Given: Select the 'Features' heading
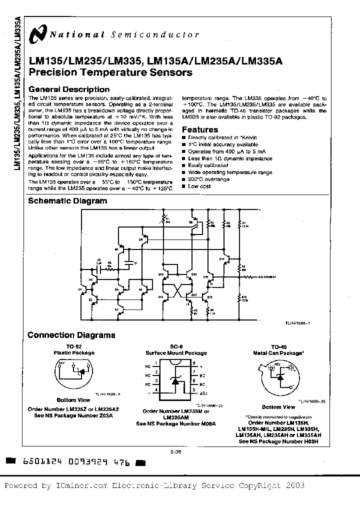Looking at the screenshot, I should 199,129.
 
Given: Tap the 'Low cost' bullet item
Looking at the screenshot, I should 199,186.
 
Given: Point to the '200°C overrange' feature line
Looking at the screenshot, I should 208,179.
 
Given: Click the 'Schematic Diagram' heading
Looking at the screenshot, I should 67,201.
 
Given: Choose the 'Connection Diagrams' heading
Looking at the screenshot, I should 71,335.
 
